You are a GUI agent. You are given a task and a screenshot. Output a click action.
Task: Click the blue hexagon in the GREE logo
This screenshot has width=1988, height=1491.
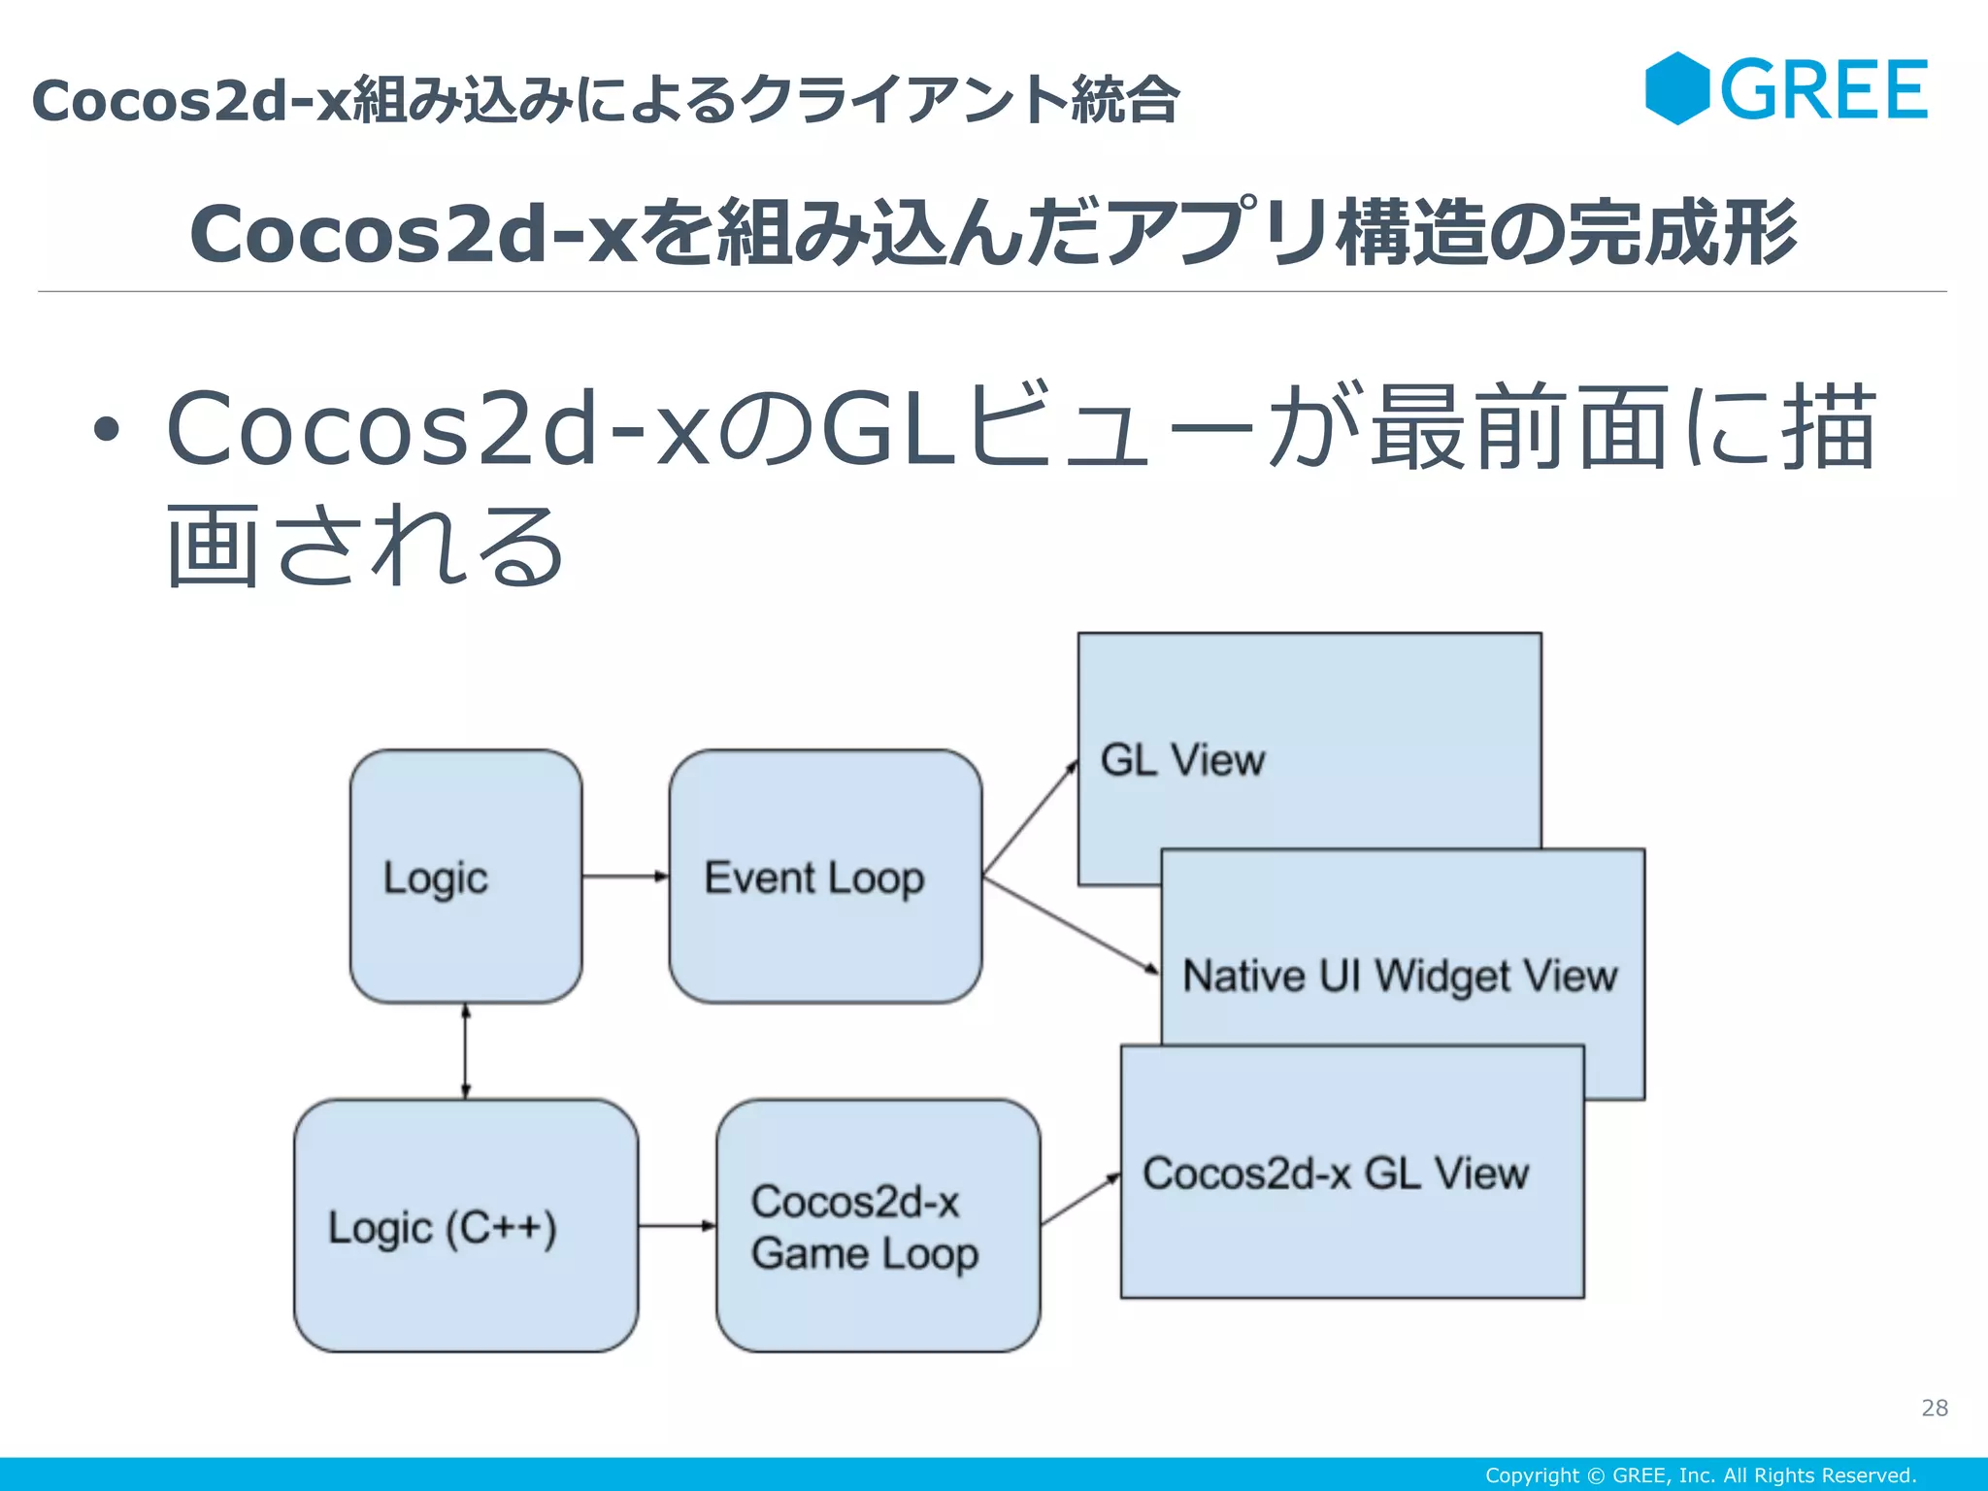click(x=1676, y=88)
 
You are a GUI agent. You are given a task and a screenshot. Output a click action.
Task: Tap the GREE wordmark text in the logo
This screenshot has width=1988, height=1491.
click(x=1824, y=90)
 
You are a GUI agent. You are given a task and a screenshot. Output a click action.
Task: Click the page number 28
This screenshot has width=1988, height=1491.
click(x=1934, y=1408)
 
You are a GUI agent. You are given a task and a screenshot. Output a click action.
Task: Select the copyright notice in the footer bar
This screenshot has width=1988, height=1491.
click(x=1701, y=1475)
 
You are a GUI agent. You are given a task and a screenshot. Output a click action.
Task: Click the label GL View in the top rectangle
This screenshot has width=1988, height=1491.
click(x=1182, y=760)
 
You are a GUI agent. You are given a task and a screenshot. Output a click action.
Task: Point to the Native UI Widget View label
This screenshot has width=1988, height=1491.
click(x=1400, y=976)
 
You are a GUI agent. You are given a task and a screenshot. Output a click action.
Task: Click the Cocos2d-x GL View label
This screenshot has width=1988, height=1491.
click(x=1336, y=1174)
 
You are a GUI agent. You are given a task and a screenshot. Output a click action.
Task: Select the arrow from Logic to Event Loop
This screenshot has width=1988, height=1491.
click(x=625, y=877)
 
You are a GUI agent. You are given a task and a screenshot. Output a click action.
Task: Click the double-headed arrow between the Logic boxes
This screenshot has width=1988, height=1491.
click(x=466, y=1051)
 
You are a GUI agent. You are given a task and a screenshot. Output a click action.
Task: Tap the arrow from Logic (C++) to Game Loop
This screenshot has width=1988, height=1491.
click(x=677, y=1226)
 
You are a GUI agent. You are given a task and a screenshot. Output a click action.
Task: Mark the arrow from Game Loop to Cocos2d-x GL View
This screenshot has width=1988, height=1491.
click(x=1080, y=1200)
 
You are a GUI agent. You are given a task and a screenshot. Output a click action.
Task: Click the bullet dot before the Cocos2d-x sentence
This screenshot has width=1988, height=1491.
click(x=107, y=429)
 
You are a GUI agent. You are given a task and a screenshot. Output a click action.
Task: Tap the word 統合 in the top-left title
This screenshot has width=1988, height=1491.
click(x=1125, y=100)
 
